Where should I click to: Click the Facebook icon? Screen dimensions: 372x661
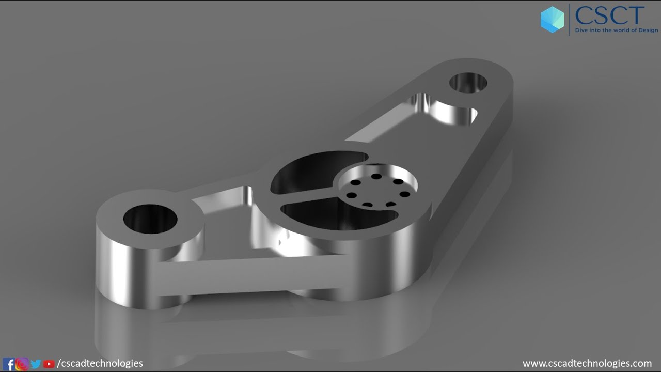tap(9, 364)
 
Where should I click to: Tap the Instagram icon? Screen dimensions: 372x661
tap(22, 364)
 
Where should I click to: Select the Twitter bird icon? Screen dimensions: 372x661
tap(36, 364)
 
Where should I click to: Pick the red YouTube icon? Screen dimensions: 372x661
tap(49, 364)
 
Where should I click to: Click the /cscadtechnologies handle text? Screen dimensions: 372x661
tap(100, 364)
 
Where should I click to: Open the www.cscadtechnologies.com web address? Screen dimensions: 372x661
tap(587, 364)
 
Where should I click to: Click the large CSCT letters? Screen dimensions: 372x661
tap(610, 16)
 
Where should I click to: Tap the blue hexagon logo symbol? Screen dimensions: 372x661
tap(552, 20)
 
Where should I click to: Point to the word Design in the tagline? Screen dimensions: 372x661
tap(648, 30)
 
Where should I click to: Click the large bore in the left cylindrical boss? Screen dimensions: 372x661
tap(150, 219)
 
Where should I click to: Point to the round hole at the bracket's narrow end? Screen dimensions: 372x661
tap(468, 83)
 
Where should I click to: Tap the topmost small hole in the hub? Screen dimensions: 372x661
tap(376, 177)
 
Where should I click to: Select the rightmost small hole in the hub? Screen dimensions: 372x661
tap(405, 194)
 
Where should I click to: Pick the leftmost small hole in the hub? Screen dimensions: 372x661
tap(351, 195)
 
